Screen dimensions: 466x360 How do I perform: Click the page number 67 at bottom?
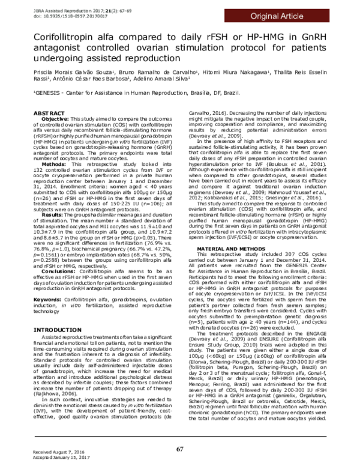pos(179,449)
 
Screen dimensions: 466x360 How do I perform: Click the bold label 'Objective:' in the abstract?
pos(53,120)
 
